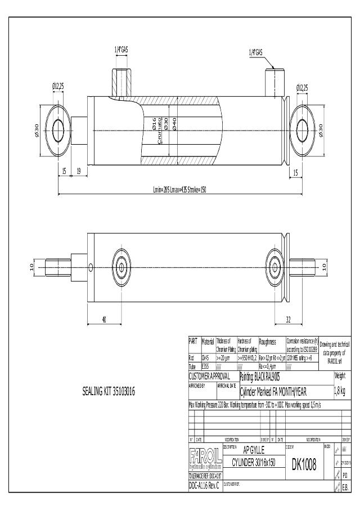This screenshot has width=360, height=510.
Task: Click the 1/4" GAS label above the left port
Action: pyautogui.click(x=121, y=50)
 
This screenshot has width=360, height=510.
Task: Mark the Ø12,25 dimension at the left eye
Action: pyautogui.click(x=58, y=86)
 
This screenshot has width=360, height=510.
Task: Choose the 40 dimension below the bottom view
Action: pyautogui.click(x=104, y=320)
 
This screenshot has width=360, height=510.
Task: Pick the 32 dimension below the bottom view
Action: pyautogui.click(x=288, y=320)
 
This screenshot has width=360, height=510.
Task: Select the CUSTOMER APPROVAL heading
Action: pyautogui.click(x=209, y=375)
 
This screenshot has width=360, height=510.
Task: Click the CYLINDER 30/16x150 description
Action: pyautogui.click(x=254, y=463)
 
